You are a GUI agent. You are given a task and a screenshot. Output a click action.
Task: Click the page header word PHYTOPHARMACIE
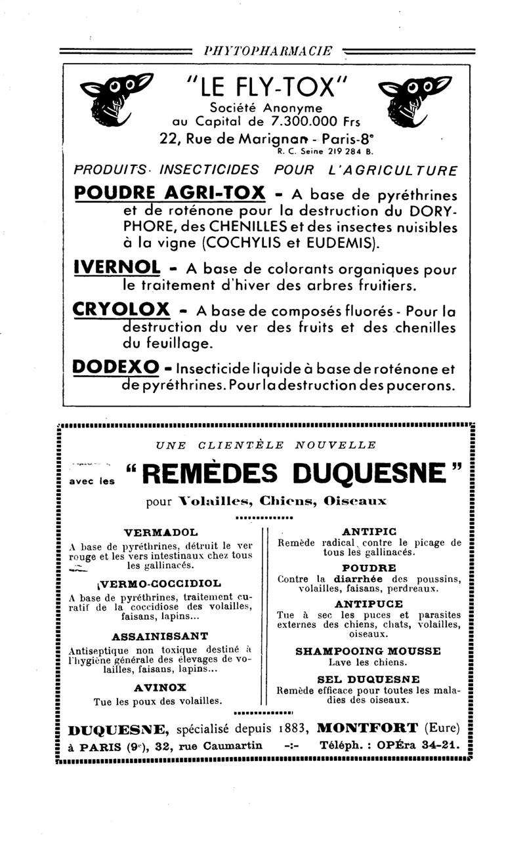pyautogui.click(x=268, y=51)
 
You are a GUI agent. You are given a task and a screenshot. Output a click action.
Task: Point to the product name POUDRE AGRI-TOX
pyautogui.click(x=170, y=194)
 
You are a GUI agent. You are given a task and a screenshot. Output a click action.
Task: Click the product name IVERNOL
pyautogui.click(x=118, y=268)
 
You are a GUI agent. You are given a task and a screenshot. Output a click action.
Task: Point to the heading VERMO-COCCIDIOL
pyautogui.click(x=159, y=582)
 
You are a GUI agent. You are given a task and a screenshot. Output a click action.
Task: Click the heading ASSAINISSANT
pyautogui.click(x=160, y=636)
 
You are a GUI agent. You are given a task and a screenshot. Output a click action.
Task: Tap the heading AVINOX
pyautogui.click(x=159, y=687)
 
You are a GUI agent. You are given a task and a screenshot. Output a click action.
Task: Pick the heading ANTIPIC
pyautogui.click(x=369, y=531)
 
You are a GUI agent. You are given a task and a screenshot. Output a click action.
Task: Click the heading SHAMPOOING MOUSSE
pyautogui.click(x=368, y=651)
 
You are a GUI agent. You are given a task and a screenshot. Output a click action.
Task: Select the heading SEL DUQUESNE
pyautogui.click(x=368, y=679)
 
